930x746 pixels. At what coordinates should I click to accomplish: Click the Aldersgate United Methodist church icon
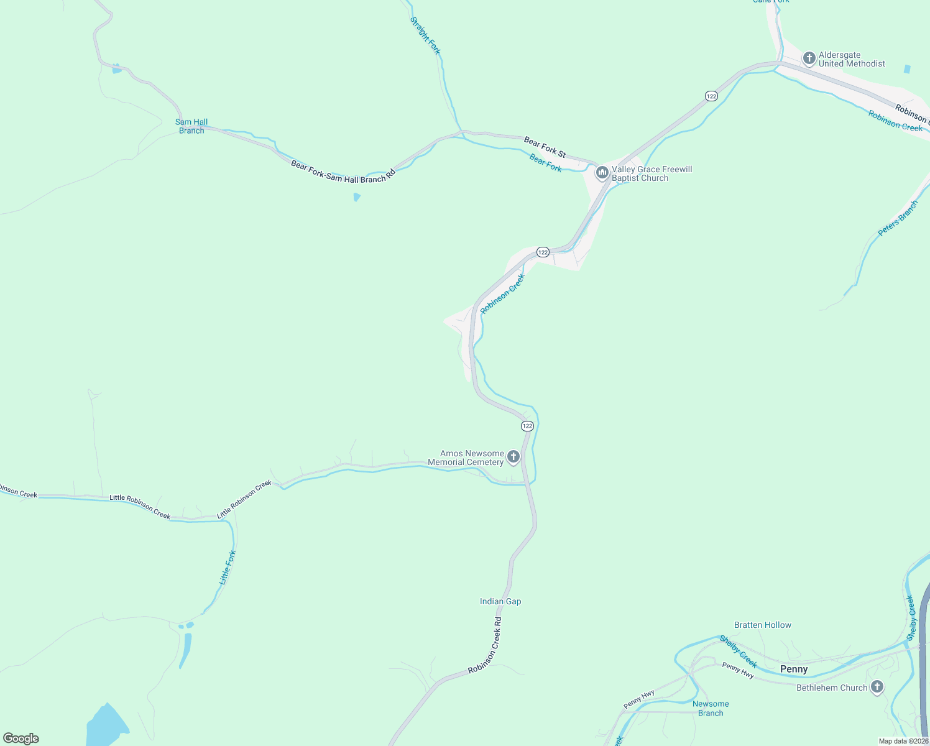[809, 59]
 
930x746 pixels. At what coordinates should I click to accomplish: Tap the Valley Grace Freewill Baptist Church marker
[602, 173]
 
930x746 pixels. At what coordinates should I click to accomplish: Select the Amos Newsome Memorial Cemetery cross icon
[513, 458]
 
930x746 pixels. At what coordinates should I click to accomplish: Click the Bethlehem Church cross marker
[877, 687]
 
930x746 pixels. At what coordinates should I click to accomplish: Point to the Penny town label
[794, 669]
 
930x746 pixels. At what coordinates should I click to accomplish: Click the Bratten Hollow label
[763, 625]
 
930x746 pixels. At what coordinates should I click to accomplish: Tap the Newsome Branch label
[711, 709]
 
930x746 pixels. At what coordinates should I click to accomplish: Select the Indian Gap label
[500, 601]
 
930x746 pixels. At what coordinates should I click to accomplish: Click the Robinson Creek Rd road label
[485, 645]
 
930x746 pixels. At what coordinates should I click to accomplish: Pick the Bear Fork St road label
[545, 147]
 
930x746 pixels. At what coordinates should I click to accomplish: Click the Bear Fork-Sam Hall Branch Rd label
[343, 171]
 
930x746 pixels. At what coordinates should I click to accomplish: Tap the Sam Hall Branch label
[191, 126]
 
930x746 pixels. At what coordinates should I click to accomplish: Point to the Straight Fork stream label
[426, 35]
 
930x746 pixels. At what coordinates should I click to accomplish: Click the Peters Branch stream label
[898, 218]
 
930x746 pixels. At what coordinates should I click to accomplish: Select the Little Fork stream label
[228, 567]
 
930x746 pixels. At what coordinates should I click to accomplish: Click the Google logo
[21, 739]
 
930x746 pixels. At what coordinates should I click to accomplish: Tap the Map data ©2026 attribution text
[903, 741]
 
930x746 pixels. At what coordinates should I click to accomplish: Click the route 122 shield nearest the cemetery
[527, 426]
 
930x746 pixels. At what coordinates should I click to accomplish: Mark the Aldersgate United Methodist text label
[852, 59]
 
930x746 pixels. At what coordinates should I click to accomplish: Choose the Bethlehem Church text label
[831, 688]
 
